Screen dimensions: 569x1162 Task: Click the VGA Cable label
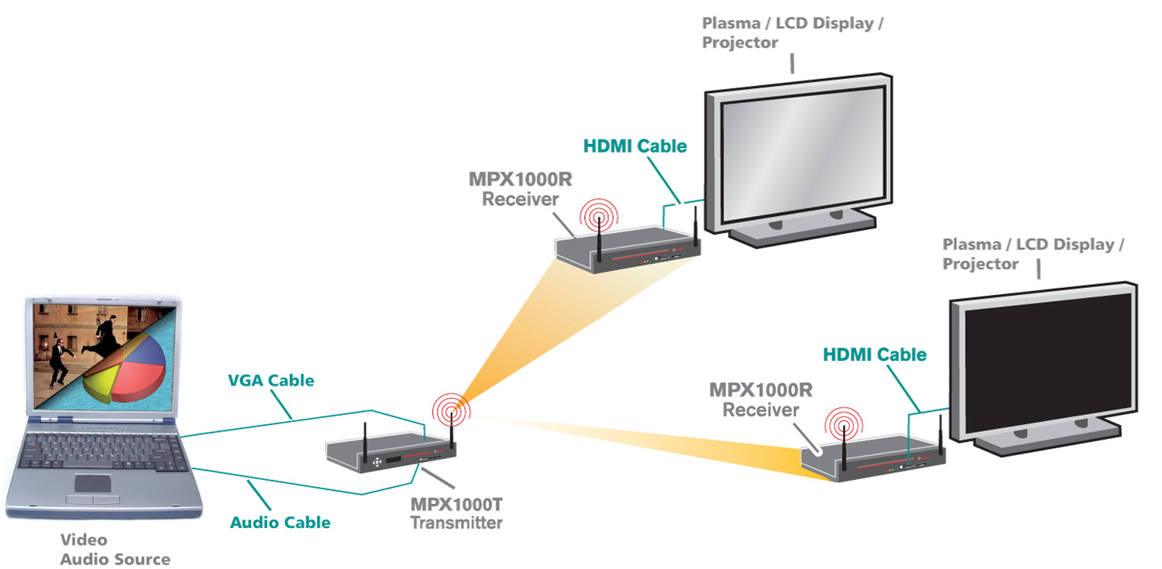(x=270, y=380)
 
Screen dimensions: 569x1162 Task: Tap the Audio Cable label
(x=280, y=523)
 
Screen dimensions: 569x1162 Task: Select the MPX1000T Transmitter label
(x=456, y=513)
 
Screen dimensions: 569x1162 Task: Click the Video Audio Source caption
(x=115, y=550)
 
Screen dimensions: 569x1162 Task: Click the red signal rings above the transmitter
(x=451, y=408)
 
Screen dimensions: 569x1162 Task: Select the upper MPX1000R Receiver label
(x=521, y=189)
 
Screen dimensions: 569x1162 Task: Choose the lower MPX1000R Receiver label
(x=760, y=399)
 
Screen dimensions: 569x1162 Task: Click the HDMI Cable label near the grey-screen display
(x=635, y=146)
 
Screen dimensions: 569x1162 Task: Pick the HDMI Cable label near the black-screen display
(x=875, y=355)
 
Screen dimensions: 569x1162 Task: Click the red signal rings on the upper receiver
(x=599, y=214)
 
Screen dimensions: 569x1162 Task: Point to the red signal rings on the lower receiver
(x=842, y=425)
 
